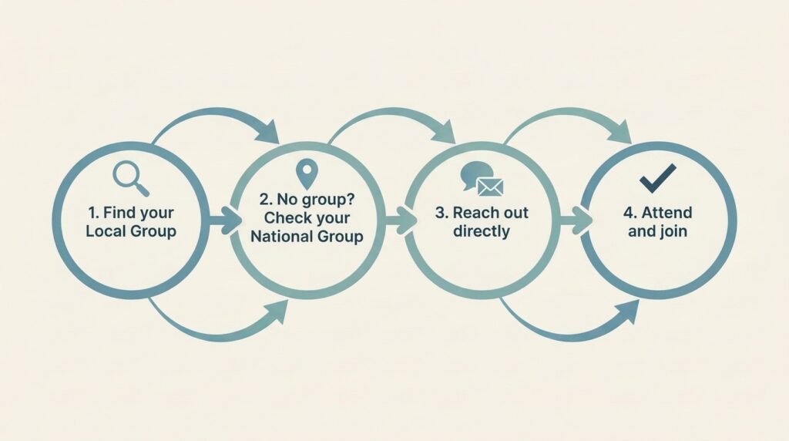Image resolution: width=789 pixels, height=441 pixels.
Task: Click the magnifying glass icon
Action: [x=131, y=178]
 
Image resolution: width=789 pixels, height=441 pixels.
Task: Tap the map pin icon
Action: [x=307, y=174]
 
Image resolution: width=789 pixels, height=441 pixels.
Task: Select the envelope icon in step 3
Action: [x=489, y=187]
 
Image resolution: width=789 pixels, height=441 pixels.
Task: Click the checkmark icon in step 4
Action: [x=658, y=178]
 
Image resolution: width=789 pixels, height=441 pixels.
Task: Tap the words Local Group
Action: [x=131, y=231]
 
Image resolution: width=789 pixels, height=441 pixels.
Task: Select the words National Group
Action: [x=307, y=237]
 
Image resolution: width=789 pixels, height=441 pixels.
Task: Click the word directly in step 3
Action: [x=482, y=231]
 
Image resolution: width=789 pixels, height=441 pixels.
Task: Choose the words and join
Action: [x=658, y=231]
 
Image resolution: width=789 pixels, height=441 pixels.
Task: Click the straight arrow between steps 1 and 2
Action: [x=224, y=220]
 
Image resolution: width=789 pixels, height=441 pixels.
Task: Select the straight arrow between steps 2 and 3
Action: [x=400, y=220]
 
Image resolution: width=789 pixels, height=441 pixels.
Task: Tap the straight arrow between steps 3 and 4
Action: [x=575, y=220]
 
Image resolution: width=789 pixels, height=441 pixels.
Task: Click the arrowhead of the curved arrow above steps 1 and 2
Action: [x=267, y=132]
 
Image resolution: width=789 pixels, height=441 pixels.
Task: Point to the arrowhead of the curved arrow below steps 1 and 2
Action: [x=276, y=312]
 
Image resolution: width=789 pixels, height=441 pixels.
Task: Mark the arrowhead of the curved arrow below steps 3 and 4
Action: [x=627, y=312]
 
